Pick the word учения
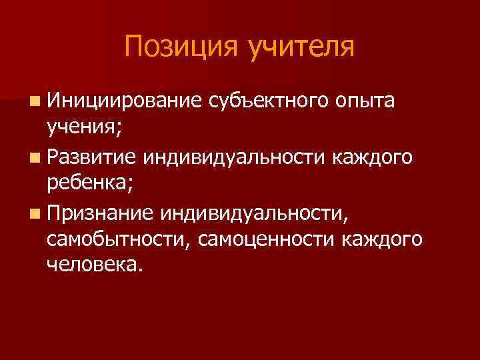click(82, 127)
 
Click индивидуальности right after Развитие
click(245, 157)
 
